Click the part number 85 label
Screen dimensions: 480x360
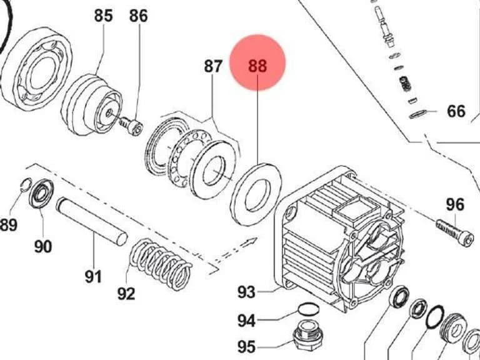(x=103, y=16)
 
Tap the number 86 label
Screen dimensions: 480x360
(x=138, y=16)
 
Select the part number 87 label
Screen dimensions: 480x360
(x=213, y=66)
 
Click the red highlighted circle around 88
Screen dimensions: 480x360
(x=257, y=62)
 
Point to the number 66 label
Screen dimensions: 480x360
(x=456, y=111)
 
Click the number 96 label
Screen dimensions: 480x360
(x=455, y=204)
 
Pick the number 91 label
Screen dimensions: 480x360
(x=93, y=277)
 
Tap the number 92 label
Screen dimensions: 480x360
(x=126, y=294)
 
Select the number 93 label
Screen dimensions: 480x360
(x=246, y=292)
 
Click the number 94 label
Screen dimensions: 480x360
(x=246, y=321)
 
